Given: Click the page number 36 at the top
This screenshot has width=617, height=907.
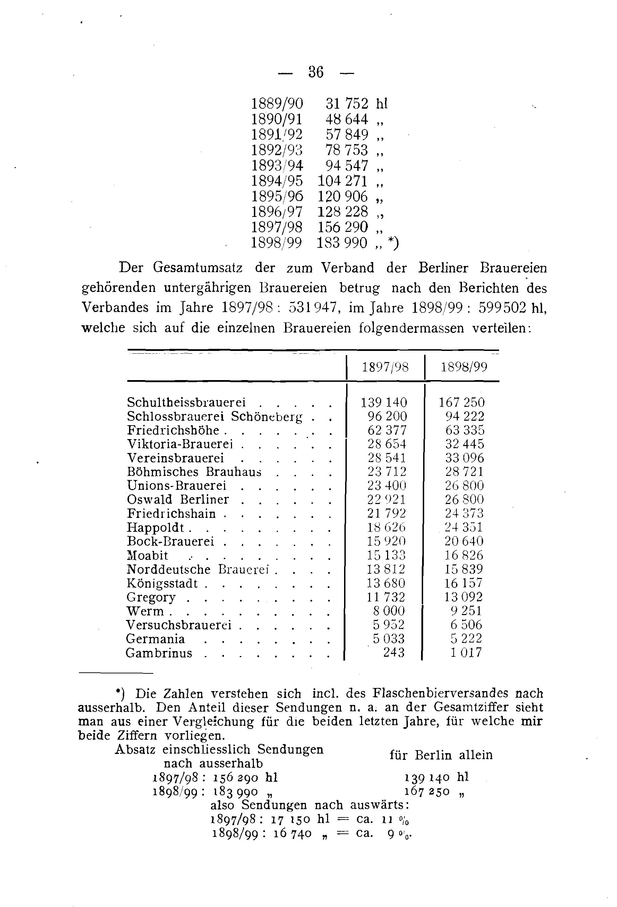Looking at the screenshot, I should pos(316,72).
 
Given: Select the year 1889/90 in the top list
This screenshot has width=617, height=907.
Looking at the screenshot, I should pos(276,103).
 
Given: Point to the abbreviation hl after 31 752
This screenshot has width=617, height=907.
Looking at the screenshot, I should pos(382,103).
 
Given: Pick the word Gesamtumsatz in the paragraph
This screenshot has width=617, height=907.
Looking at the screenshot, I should pos(198,268).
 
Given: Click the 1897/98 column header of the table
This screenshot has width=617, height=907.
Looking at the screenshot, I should pos(385,367).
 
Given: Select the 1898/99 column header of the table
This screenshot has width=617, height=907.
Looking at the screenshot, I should pos(464,367).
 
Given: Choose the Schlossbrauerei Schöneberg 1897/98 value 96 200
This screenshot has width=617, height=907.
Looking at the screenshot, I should pos(387,417).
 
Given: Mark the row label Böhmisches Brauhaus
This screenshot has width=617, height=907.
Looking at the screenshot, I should pos(194,472).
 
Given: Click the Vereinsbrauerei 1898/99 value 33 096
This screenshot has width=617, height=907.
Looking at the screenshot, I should pos(464,458).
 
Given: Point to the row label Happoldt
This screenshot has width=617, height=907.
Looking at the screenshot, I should pos(155,528).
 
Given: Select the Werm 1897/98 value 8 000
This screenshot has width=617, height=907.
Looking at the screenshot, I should pos(389,611).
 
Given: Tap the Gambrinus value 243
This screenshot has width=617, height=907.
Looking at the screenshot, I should pos(394,653).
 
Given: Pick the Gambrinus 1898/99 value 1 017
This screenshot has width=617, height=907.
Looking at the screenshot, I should pos(466,653).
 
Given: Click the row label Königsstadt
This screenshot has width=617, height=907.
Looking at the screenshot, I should pos(162,583).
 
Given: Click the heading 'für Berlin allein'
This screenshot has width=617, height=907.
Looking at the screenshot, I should pos(441,755).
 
